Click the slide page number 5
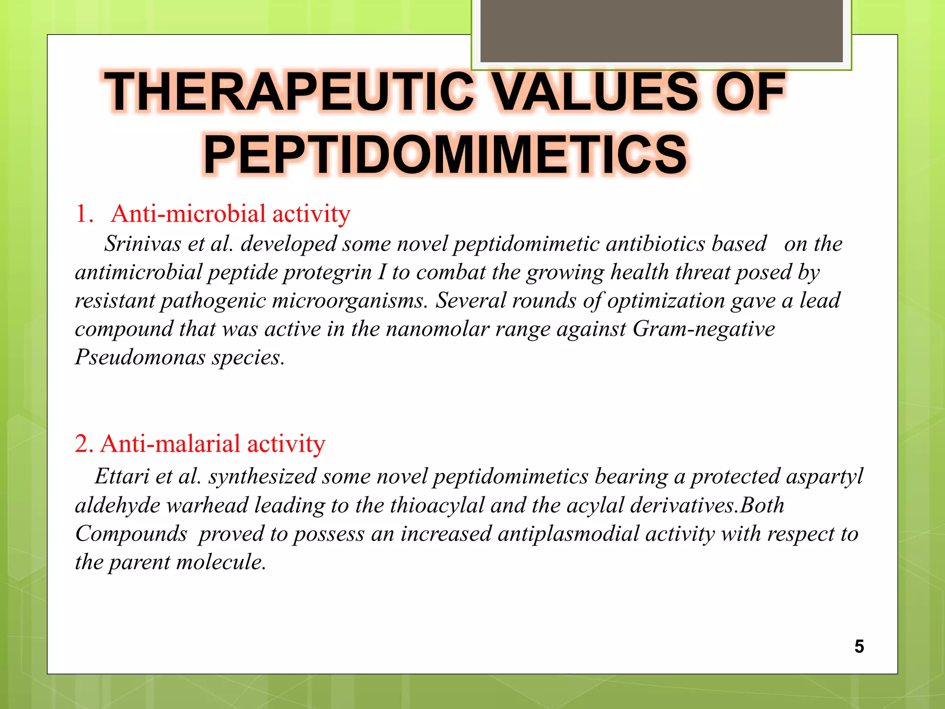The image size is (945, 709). pos(859,646)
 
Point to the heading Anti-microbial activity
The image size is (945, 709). pos(230,214)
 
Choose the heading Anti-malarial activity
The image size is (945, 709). pos(212,444)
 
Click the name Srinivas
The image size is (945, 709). pos(142,244)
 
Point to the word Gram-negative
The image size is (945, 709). pos(703,329)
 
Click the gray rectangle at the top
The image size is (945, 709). pos(661,30)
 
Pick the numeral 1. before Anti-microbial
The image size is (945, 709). pos(84,214)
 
